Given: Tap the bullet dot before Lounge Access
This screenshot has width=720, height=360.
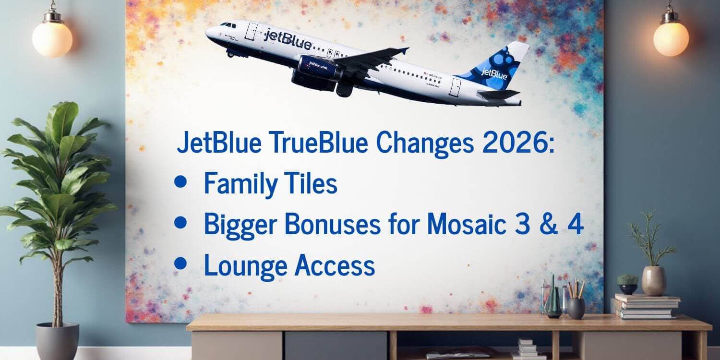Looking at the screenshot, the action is click(180, 263).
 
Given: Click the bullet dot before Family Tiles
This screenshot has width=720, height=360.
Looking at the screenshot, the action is click(180, 181).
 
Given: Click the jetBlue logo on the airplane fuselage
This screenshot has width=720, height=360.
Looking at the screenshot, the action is click(288, 39).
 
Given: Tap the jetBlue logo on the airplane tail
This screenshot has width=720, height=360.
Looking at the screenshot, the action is click(494, 73).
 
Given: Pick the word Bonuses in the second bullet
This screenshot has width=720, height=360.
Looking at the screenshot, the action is click(332, 224).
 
